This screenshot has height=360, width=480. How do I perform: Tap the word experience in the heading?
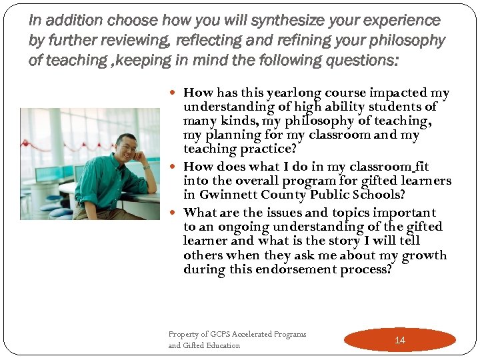[398, 21]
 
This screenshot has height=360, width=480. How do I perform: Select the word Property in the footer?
[186, 334]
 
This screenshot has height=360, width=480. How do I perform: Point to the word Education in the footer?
[223, 345]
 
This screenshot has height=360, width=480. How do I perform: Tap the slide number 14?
[400, 340]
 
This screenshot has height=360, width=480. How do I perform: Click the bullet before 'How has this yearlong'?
[175, 93]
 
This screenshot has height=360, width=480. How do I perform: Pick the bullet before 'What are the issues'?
[175, 213]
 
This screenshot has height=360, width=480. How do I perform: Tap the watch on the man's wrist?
[145, 166]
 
